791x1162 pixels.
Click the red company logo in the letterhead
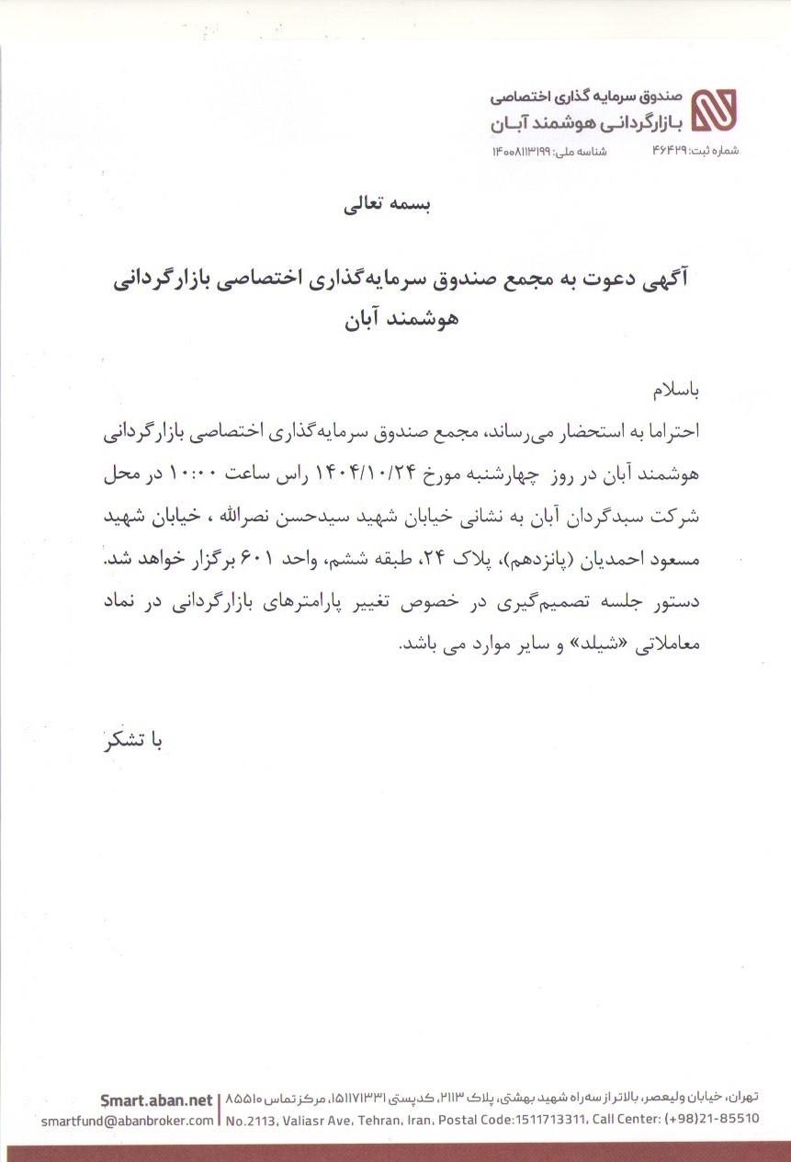tap(713, 112)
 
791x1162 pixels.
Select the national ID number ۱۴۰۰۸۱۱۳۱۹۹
tap(522, 150)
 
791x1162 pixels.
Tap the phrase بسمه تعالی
tap(379, 205)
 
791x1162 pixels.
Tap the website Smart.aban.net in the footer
tap(157, 1099)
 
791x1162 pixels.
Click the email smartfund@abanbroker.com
tap(129, 1120)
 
